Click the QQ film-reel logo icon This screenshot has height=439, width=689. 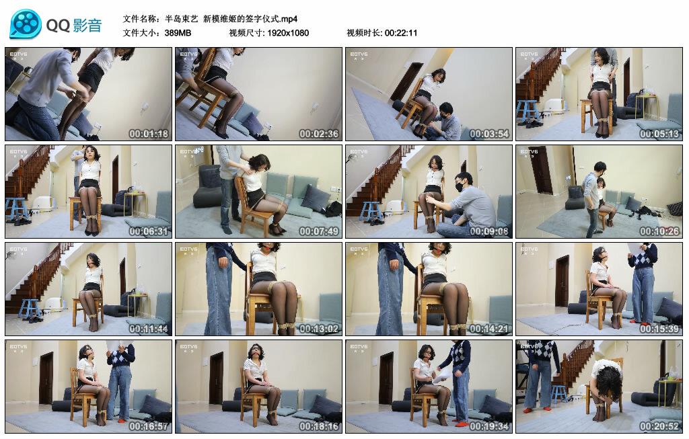[x=25, y=24]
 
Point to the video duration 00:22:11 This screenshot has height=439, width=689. [x=401, y=32]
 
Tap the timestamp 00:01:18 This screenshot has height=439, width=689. [x=149, y=134]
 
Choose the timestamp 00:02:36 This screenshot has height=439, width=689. [x=319, y=134]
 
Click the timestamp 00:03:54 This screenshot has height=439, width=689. [x=489, y=134]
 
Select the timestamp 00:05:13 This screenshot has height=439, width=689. [x=659, y=134]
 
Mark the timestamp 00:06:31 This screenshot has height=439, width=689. [x=149, y=231]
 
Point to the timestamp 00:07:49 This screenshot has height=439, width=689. [x=319, y=231]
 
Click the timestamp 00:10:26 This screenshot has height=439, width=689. [x=659, y=231]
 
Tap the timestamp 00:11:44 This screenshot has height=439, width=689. [x=149, y=329]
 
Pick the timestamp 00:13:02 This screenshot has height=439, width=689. [x=319, y=329]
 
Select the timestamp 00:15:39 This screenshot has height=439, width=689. [x=659, y=329]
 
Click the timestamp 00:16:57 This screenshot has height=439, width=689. [x=149, y=426]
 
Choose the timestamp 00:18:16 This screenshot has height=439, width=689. [x=319, y=426]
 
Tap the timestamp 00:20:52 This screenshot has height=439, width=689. [x=659, y=426]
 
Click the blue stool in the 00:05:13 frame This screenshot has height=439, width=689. [x=528, y=111]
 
